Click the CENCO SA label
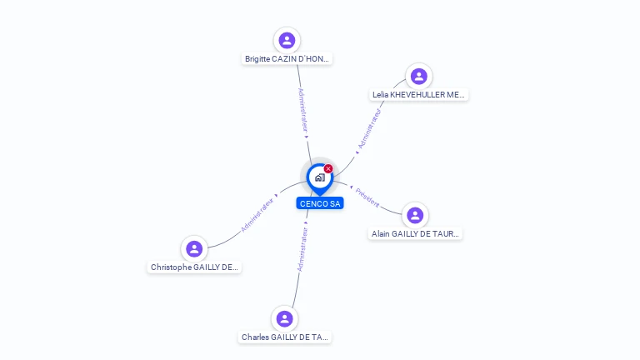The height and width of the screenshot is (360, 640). pos(320,203)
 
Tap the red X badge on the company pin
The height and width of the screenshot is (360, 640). pos(328,168)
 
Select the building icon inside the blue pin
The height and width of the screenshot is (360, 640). pos(320,177)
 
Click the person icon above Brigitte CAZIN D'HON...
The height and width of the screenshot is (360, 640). pos(287,40)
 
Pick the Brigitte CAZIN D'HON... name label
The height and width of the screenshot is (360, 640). pos(287,59)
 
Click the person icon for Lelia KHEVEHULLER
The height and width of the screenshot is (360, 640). pos(419,77)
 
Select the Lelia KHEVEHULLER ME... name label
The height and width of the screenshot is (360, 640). pos(418,95)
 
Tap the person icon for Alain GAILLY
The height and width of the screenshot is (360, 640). pos(415,215)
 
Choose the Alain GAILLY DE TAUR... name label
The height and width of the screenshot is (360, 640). pos(415,234)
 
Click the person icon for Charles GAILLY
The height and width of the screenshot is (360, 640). pos(284,319)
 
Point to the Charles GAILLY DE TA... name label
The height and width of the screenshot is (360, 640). pos(284,337)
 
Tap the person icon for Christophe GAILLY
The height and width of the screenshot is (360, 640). pos(194,248)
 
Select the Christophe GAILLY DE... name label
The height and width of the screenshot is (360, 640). pos(194,267)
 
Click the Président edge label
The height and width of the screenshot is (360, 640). pos(367,197)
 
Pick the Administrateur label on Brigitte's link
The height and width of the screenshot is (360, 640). pos(302,110)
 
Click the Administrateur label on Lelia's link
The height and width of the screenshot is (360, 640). pos(369,128)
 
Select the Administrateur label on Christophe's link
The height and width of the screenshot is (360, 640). pos(257,215)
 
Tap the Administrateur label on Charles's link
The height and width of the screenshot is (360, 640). pos(302,249)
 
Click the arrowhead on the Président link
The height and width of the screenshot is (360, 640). pos(351,187)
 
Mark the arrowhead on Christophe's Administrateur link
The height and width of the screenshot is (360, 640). pos(277,196)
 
